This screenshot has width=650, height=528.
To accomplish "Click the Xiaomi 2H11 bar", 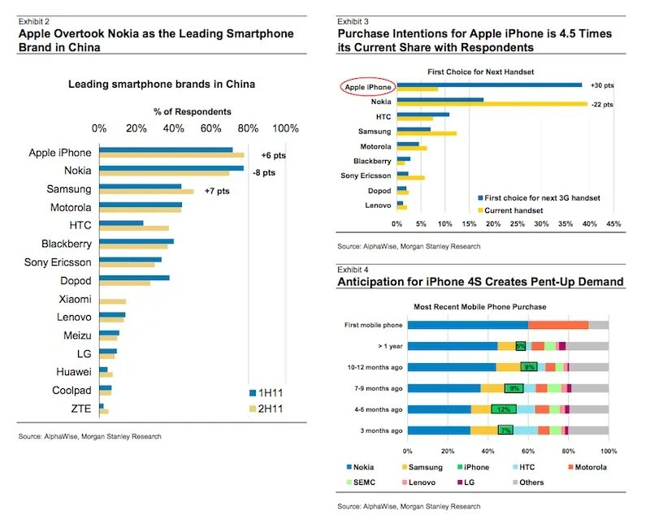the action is [113, 301].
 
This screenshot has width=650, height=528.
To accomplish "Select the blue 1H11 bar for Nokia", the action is [171, 168].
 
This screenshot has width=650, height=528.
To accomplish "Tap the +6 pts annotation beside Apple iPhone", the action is [273, 155].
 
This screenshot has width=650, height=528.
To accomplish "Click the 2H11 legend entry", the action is [266, 409].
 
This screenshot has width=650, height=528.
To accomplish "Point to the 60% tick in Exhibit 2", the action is [210, 128].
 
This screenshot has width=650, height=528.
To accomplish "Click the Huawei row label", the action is [74, 372].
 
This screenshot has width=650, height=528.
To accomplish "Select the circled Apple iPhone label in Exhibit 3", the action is [368, 87].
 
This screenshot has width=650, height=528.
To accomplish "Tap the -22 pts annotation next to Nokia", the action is [602, 105].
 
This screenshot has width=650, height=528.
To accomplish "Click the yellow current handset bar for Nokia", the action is [492, 104].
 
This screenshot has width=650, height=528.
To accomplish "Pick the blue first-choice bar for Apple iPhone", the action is [490, 85].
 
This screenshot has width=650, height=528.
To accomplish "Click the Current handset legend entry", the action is [510, 210].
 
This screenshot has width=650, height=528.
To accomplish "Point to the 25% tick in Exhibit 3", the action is [518, 224].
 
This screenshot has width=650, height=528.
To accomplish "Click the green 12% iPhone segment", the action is [504, 409].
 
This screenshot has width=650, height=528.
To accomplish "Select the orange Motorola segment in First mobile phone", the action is [558, 325].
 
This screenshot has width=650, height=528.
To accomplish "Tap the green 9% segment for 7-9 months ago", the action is [514, 388].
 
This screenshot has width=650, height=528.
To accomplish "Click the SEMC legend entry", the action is [361, 483].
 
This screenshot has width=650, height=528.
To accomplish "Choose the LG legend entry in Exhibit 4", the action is [466, 483].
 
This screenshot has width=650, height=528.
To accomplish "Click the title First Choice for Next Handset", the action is [480, 71].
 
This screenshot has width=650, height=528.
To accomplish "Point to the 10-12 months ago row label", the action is [375, 367].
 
